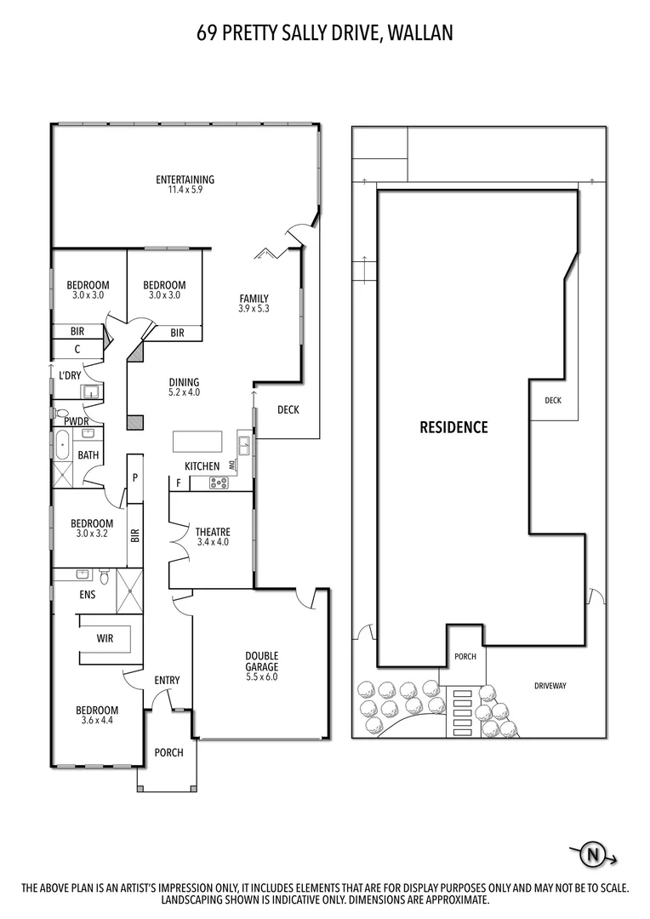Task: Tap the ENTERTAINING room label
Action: click(x=185, y=180)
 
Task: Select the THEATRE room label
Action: click(x=213, y=532)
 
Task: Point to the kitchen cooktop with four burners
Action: click(x=219, y=483)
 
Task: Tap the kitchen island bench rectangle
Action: click(x=197, y=442)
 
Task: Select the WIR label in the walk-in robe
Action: click(x=105, y=636)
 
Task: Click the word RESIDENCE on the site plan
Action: click(x=453, y=427)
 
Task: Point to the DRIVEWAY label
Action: click(x=550, y=685)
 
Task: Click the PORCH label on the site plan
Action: click(x=465, y=656)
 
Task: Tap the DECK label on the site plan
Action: click(x=553, y=400)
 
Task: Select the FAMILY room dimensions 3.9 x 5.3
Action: click(x=254, y=309)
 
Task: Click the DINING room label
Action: click(x=184, y=382)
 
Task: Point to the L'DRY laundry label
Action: click(x=70, y=374)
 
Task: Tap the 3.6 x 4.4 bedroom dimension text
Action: click(x=97, y=721)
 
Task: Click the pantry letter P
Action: click(x=134, y=477)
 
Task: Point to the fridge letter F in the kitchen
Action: click(x=178, y=483)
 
